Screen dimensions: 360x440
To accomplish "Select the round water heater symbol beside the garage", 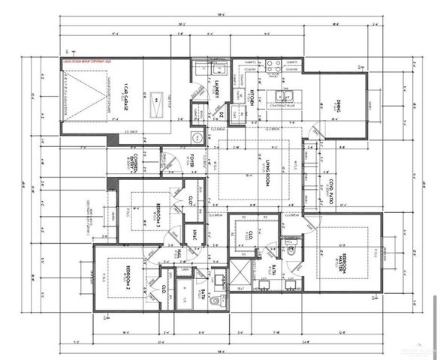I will click(x=197, y=137).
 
